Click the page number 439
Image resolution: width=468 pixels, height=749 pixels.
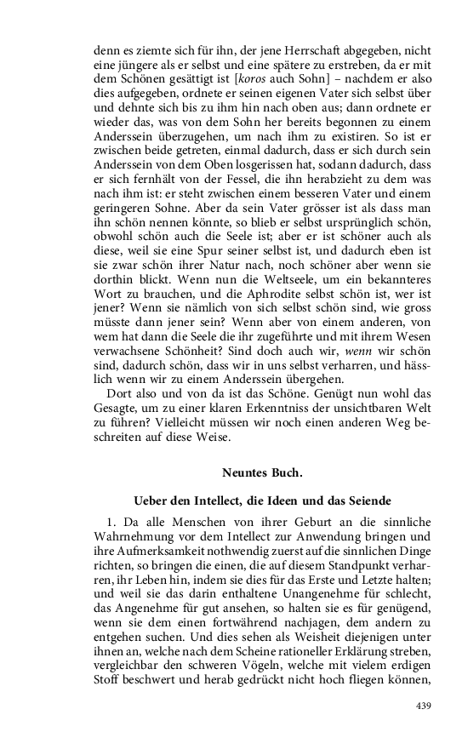click(423, 706)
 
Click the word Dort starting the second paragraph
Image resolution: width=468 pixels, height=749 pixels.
click(119, 392)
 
